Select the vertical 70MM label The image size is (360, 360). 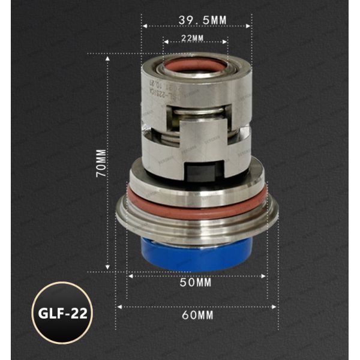pyautogui.click(x=100, y=162)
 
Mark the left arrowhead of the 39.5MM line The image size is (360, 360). pyautogui.click(x=144, y=26)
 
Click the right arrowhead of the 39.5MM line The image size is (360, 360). pyautogui.click(x=250, y=26)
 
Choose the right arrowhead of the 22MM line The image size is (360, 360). pyautogui.click(x=226, y=43)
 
